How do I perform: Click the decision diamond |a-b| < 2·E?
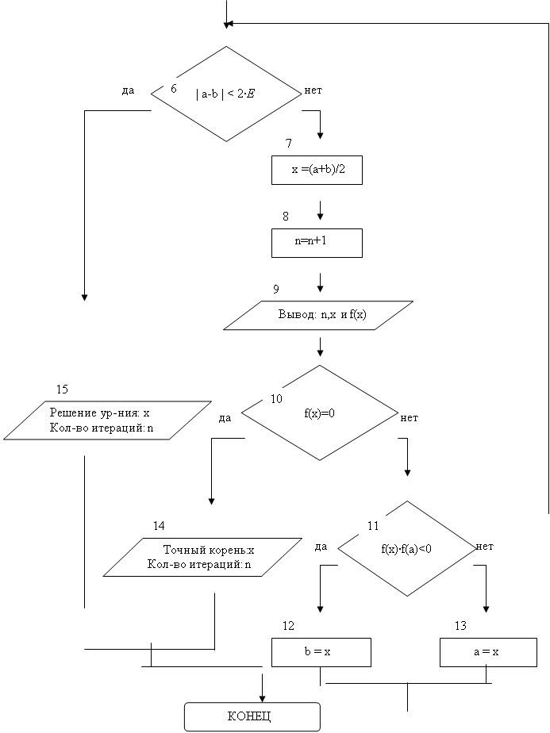point(226,94)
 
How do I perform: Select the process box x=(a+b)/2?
point(317,170)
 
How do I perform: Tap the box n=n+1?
point(317,243)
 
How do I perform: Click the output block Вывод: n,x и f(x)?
point(318,315)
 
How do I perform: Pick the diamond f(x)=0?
point(320,413)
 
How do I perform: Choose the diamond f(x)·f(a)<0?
point(407,548)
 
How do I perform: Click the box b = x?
point(321,652)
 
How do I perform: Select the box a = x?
point(488,652)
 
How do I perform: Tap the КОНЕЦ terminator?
point(252,716)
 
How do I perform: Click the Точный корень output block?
point(202,557)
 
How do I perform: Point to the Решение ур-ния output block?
point(108,420)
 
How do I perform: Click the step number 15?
point(62,389)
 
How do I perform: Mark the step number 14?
point(159,526)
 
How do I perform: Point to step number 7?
point(289,143)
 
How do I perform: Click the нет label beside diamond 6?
point(313,90)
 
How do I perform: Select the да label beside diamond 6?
point(128,90)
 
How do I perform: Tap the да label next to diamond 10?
point(225,418)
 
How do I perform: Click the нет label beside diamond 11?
point(484,546)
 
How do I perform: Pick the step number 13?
point(460,625)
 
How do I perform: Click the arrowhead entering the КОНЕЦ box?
point(263,698)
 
